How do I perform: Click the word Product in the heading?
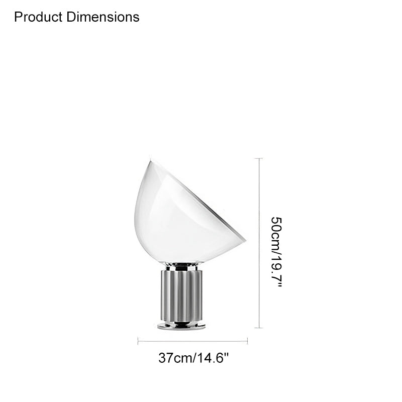(x=38, y=17)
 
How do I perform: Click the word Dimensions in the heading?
(x=103, y=17)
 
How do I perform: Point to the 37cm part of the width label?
(x=175, y=358)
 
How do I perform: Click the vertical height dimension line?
(x=259, y=243)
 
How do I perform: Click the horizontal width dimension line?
(x=192, y=341)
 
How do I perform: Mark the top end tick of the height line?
(x=259, y=158)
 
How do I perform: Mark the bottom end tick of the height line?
(x=259, y=328)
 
